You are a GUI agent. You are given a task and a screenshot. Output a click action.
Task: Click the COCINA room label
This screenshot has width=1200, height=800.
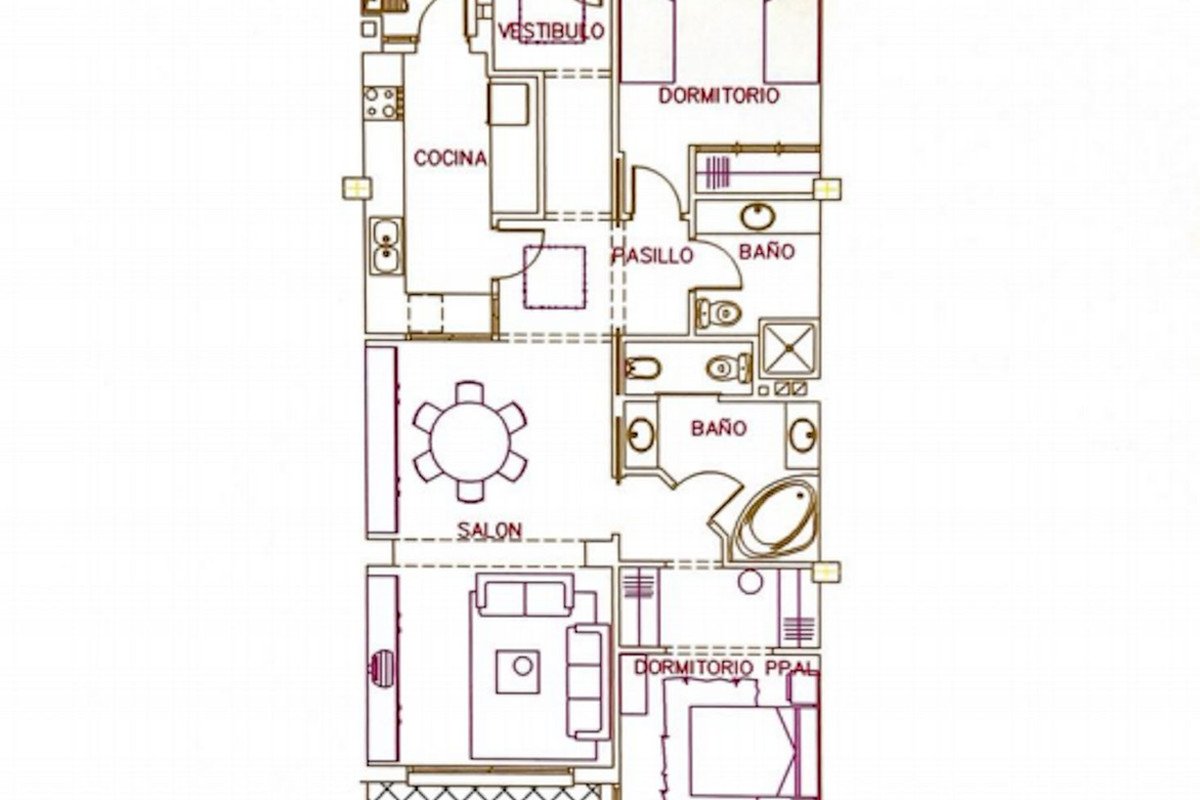tap(450, 158)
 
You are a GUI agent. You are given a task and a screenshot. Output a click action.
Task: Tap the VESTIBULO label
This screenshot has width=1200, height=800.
tap(551, 31)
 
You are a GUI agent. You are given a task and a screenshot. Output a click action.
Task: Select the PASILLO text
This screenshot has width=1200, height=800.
tap(653, 256)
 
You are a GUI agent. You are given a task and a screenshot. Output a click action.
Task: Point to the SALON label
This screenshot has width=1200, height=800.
tap(489, 530)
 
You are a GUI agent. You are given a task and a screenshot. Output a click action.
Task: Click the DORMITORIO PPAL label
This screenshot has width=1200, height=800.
tap(727, 668)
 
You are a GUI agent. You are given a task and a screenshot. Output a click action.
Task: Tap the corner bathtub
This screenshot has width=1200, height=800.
tap(777, 520)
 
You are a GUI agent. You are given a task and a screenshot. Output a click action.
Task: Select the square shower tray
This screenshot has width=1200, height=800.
tap(790, 349)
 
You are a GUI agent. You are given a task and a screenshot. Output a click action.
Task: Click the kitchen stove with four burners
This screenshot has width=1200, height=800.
tap(382, 103)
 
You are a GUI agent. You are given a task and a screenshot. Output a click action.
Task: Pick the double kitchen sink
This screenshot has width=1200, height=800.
tap(386, 246)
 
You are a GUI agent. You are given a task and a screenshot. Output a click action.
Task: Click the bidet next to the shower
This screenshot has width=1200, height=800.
tap(642, 368)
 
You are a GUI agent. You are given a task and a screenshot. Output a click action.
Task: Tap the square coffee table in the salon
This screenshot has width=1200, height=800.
tap(518, 671)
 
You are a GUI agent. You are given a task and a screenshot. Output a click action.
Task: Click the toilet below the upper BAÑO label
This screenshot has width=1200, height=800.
tap(719, 312)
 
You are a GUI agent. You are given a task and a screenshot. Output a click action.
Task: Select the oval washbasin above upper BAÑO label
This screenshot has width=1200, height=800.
tap(758, 216)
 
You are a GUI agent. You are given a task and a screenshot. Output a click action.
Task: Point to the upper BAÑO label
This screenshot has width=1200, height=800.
tap(767, 251)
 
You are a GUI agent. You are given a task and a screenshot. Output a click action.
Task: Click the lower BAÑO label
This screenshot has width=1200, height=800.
tap(719, 428)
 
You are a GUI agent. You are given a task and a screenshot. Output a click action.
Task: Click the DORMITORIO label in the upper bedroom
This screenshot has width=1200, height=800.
tap(718, 96)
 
